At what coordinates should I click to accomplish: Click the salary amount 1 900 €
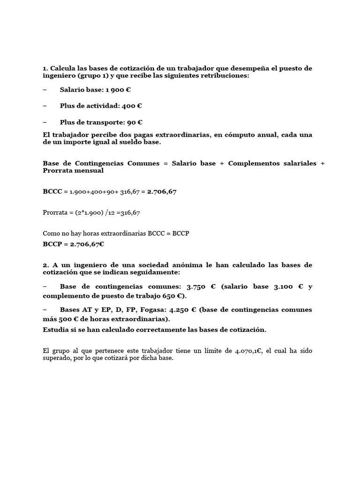click(x=118, y=90)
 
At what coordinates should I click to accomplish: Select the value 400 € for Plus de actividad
click(x=132, y=106)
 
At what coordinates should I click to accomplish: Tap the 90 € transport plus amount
click(x=135, y=122)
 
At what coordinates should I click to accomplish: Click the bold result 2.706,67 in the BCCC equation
click(x=162, y=192)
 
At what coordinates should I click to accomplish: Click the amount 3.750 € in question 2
click(x=198, y=287)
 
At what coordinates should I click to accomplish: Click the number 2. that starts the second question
click(x=45, y=265)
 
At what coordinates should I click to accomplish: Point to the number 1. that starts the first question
click(x=45, y=68)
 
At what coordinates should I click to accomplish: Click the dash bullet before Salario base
click(x=45, y=90)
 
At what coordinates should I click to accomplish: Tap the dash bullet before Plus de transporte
click(x=45, y=122)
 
